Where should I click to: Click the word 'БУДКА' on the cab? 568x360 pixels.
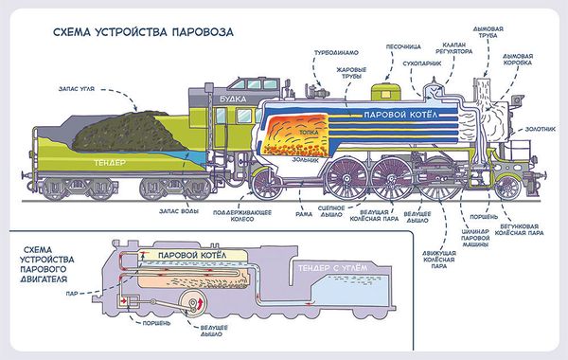[225, 96]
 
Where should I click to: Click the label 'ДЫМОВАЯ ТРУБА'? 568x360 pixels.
[494, 34]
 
